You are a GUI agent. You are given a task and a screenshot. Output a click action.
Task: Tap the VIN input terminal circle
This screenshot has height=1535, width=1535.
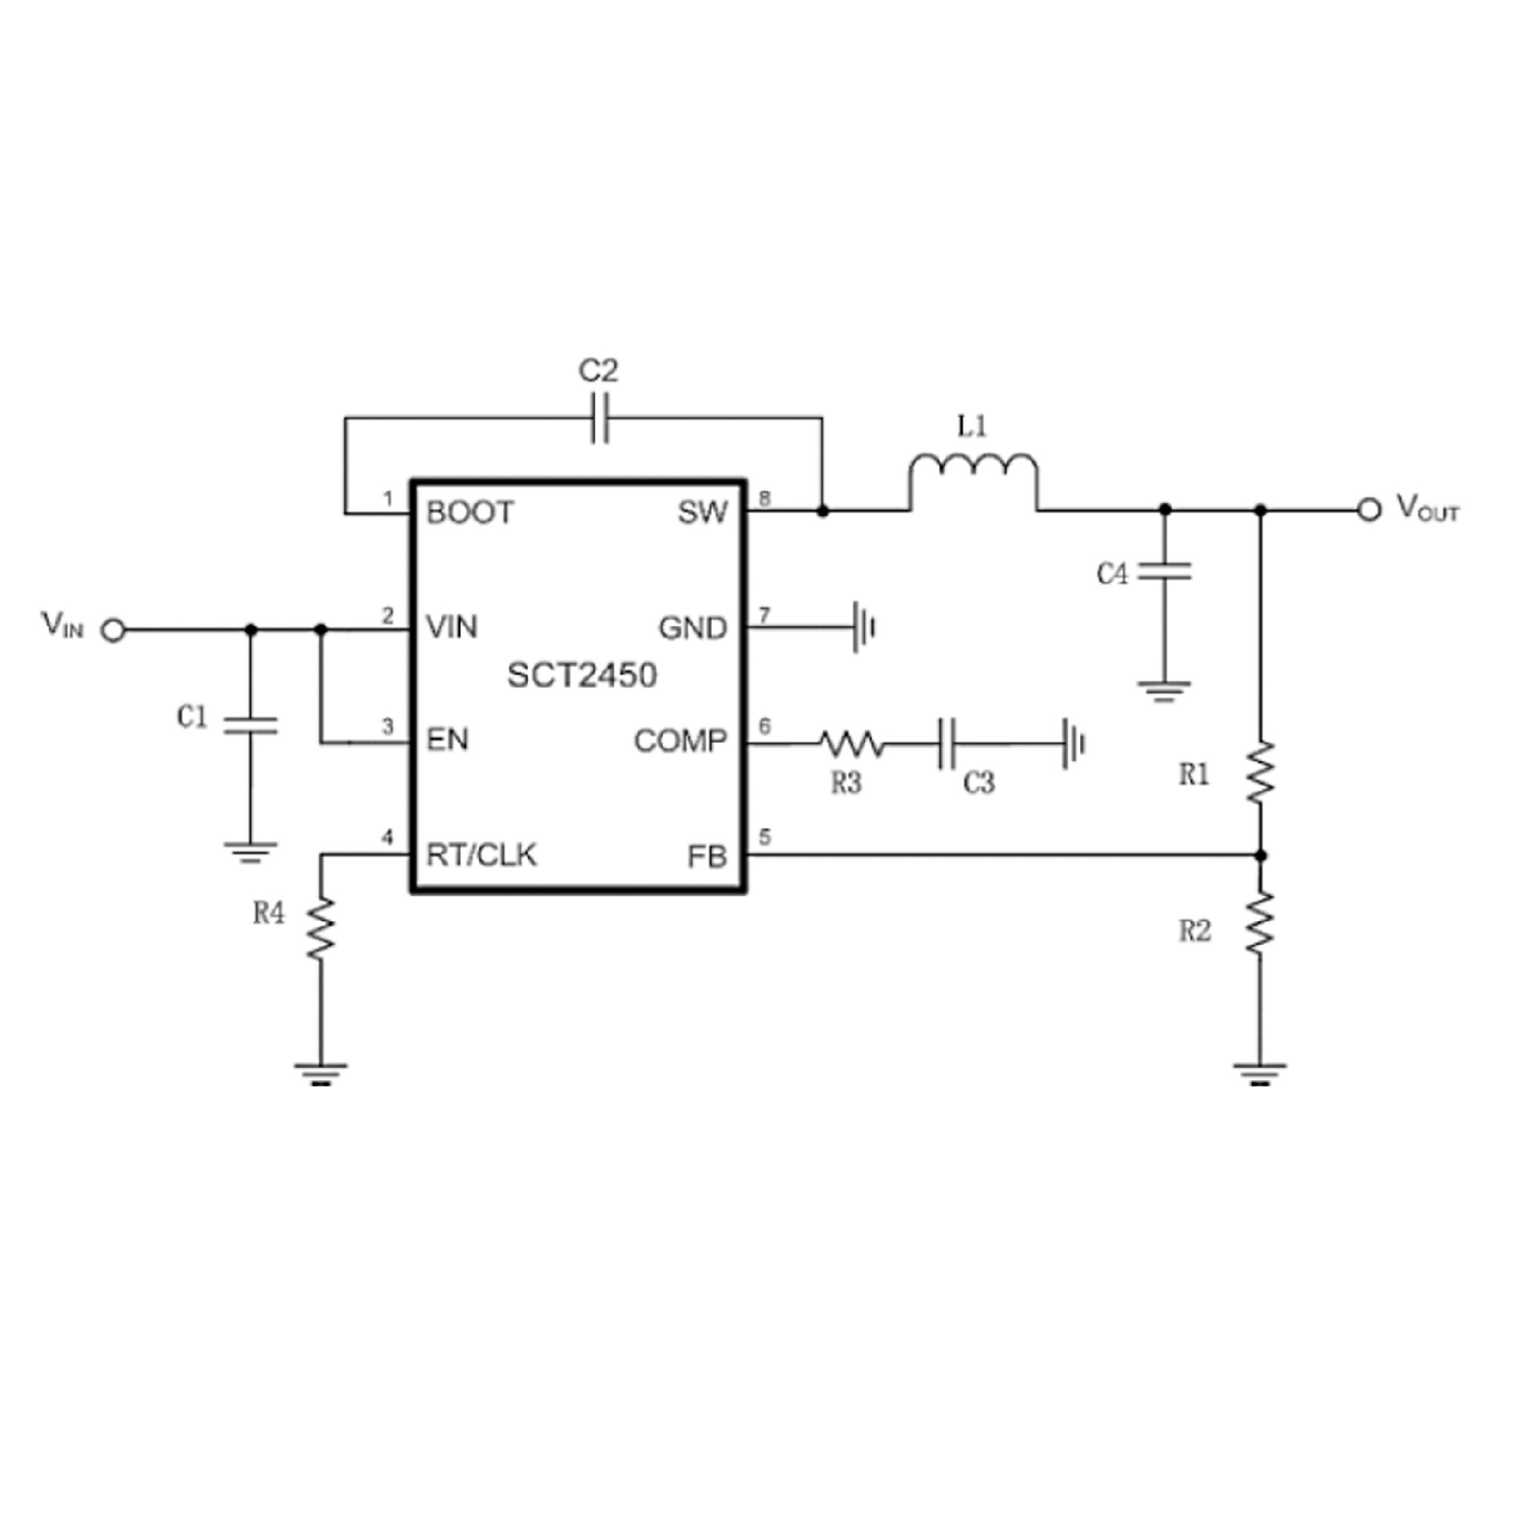point(114,631)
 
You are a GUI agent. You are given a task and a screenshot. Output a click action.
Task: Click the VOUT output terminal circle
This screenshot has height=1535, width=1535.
point(1369,509)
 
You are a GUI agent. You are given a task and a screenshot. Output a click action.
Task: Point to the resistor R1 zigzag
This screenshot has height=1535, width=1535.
point(1261,771)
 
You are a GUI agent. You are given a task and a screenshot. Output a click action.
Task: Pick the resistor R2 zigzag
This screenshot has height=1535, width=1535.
point(1261,923)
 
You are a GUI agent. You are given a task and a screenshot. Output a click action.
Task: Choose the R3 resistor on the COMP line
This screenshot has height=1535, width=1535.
point(851,745)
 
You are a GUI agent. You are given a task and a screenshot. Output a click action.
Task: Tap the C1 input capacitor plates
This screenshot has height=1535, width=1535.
point(250,724)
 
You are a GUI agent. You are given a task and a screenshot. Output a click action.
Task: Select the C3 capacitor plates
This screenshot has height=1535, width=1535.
point(947,744)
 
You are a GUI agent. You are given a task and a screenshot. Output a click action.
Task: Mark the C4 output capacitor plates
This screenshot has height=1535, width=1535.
point(1165,571)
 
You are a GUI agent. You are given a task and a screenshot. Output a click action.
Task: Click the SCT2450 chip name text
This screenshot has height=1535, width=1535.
point(581,676)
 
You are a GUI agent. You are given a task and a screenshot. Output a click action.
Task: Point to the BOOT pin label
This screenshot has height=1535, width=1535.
point(470,512)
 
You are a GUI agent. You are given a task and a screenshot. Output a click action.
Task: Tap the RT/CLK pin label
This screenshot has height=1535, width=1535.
point(481,855)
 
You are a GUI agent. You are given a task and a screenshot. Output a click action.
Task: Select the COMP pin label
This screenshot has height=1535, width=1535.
point(680,741)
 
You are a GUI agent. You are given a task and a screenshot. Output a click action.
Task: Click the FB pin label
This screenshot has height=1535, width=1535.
point(707,857)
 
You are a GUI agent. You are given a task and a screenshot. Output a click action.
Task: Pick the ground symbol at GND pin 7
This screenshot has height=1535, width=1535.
point(864,628)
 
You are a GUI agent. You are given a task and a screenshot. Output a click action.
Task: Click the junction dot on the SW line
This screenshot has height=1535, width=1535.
point(823,509)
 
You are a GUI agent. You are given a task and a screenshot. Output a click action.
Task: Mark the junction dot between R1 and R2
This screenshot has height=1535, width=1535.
point(1261,855)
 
